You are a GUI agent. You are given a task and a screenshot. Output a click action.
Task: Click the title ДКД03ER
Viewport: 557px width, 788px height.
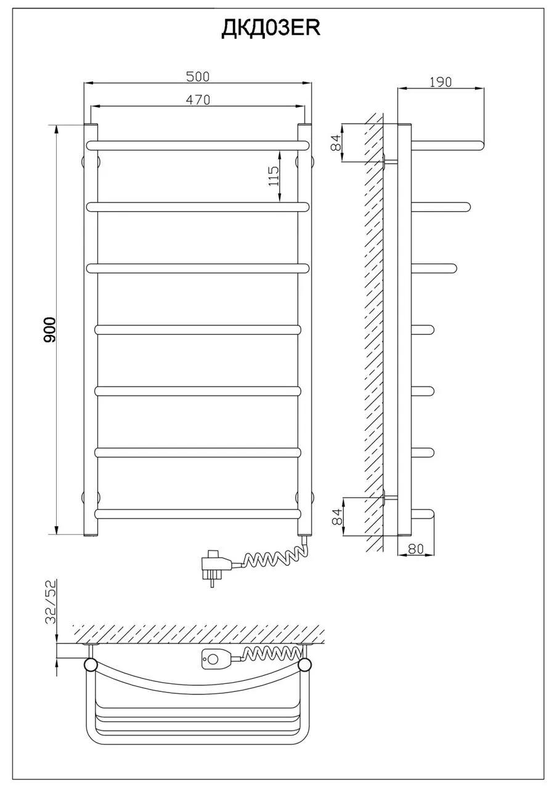click(270, 28)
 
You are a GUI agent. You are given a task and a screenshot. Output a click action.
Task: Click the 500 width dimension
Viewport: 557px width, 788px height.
click(198, 77)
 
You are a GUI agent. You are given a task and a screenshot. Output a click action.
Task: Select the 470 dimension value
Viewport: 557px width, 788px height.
click(198, 100)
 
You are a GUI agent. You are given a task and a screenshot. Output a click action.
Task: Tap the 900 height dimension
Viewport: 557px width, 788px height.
click(49, 329)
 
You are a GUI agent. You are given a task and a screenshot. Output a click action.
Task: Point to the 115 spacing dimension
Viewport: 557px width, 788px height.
click(273, 176)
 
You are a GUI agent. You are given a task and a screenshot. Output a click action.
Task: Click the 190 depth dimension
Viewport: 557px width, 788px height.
click(441, 82)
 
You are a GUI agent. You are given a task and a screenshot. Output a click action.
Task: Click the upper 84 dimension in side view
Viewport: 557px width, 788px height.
click(337, 142)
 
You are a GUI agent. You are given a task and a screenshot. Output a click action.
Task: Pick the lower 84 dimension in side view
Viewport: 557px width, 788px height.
click(337, 517)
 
